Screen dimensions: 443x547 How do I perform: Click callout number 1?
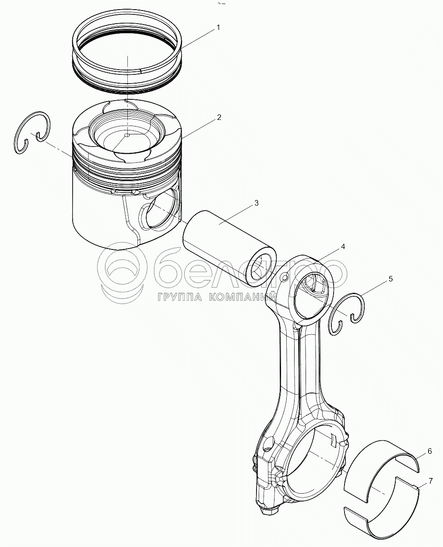click(218, 28)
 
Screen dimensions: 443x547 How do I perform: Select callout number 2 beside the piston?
click(219, 117)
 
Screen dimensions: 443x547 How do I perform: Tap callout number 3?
click(256, 203)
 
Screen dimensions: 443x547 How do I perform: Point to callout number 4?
click(343, 246)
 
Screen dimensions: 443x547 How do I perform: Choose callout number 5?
click(390, 279)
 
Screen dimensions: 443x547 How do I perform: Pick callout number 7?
click(430, 481)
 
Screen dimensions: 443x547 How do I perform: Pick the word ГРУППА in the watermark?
click(180, 297)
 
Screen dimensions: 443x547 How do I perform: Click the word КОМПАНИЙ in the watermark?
click(243, 297)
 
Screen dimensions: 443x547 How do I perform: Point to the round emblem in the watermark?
click(122, 273)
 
